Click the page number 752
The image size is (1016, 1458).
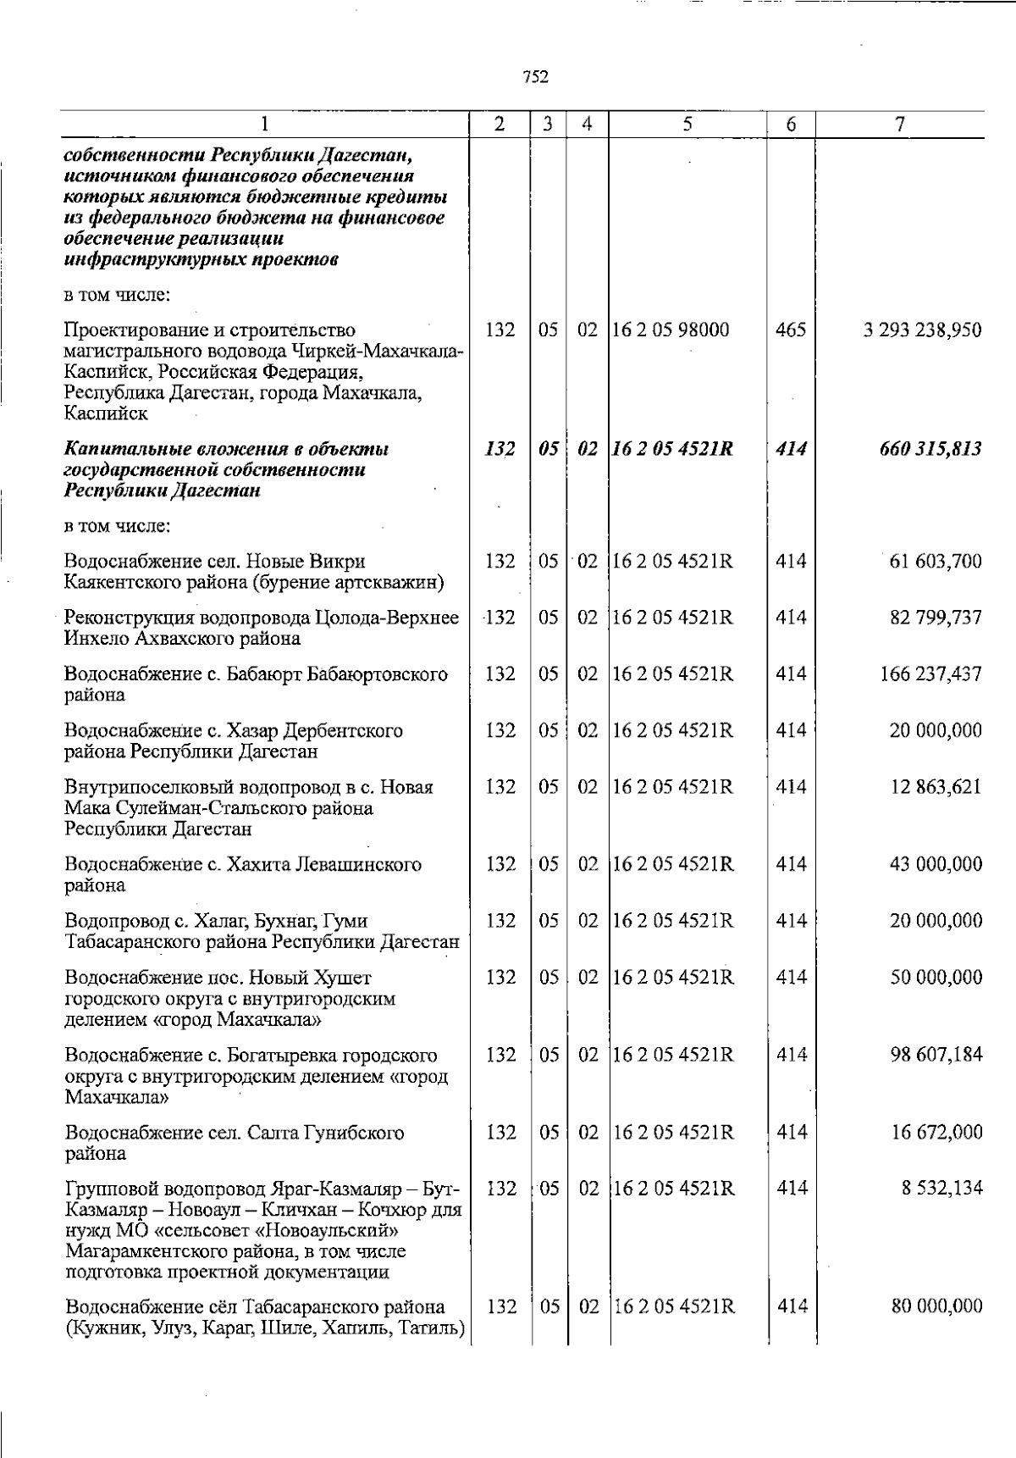[x=535, y=77]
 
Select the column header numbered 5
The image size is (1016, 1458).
[x=687, y=124]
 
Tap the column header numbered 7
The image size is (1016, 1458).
[x=900, y=124]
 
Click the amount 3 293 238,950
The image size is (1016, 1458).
[x=922, y=330]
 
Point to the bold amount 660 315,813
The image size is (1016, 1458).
[x=930, y=449]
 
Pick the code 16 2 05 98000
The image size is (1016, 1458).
[x=670, y=330]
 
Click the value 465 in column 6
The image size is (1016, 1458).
[x=791, y=330]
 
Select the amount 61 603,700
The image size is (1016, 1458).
[x=936, y=562]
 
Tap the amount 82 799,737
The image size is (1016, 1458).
[x=936, y=618]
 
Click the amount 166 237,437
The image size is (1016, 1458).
[x=931, y=674]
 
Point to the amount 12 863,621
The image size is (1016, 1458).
[x=936, y=787]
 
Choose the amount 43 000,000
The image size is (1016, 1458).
[x=936, y=865]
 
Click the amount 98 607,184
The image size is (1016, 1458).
[x=936, y=1056]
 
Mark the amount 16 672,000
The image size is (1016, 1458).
[x=936, y=1133]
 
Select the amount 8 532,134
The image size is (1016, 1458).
[x=940, y=1189]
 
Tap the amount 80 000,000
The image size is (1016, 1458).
[x=936, y=1306]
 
